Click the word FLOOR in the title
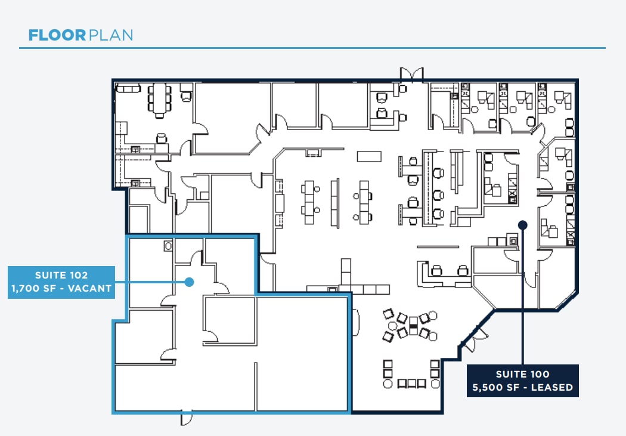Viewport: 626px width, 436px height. [57, 35]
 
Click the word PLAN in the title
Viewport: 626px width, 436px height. [111, 35]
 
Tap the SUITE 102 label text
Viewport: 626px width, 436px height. [61, 275]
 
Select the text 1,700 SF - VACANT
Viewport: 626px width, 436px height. [61, 289]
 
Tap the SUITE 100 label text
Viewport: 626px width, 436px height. [523, 374]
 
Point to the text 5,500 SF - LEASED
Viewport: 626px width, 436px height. [523, 388]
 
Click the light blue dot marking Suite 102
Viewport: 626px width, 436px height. [189, 282]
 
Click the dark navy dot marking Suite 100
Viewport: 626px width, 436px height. [522, 225]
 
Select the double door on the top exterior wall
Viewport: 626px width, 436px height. [411, 74]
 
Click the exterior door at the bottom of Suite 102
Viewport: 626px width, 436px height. [185, 418]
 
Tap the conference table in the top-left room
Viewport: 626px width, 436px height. [159, 99]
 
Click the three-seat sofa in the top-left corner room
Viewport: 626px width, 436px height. [128, 88]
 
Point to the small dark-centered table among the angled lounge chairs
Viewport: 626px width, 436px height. [413, 330]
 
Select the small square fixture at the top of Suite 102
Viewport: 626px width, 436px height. [168, 245]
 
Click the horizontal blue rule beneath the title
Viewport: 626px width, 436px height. [312, 48]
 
